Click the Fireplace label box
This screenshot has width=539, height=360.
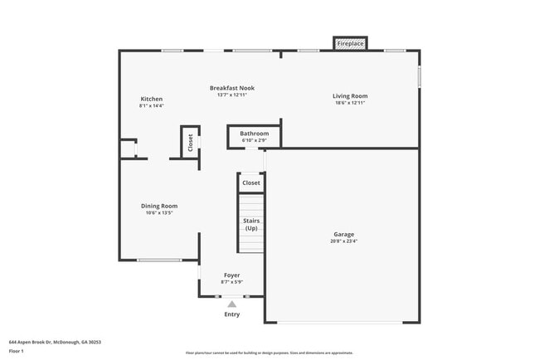pyautogui.click(x=350, y=43)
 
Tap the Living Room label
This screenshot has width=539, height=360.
pyautogui.click(x=350, y=96)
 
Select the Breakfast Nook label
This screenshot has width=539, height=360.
pyautogui.click(x=232, y=88)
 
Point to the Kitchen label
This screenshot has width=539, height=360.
pyautogui.click(x=151, y=99)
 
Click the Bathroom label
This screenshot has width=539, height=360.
pyautogui.click(x=255, y=134)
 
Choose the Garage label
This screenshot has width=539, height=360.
pyautogui.click(x=343, y=234)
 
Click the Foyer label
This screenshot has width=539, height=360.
pyautogui.click(x=232, y=275)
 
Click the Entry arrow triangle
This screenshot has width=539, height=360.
pyautogui.click(x=232, y=304)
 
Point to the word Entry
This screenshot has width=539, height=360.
pyautogui.click(x=232, y=314)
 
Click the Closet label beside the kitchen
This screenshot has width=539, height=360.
pyautogui.click(x=190, y=141)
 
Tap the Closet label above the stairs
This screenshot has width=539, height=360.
pyautogui.click(x=251, y=182)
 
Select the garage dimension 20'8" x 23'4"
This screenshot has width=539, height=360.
pyautogui.click(x=343, y=241)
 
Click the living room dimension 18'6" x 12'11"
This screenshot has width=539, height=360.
pyautogui.click(x=350, y=103)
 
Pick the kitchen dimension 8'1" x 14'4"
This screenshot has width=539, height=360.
pyautogui.click(x=151, y=105)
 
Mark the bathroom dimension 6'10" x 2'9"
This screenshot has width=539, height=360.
pyautogui.click(x=255, y=140)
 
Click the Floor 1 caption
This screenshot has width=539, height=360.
pyautogui.click(x=17, y=351)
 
